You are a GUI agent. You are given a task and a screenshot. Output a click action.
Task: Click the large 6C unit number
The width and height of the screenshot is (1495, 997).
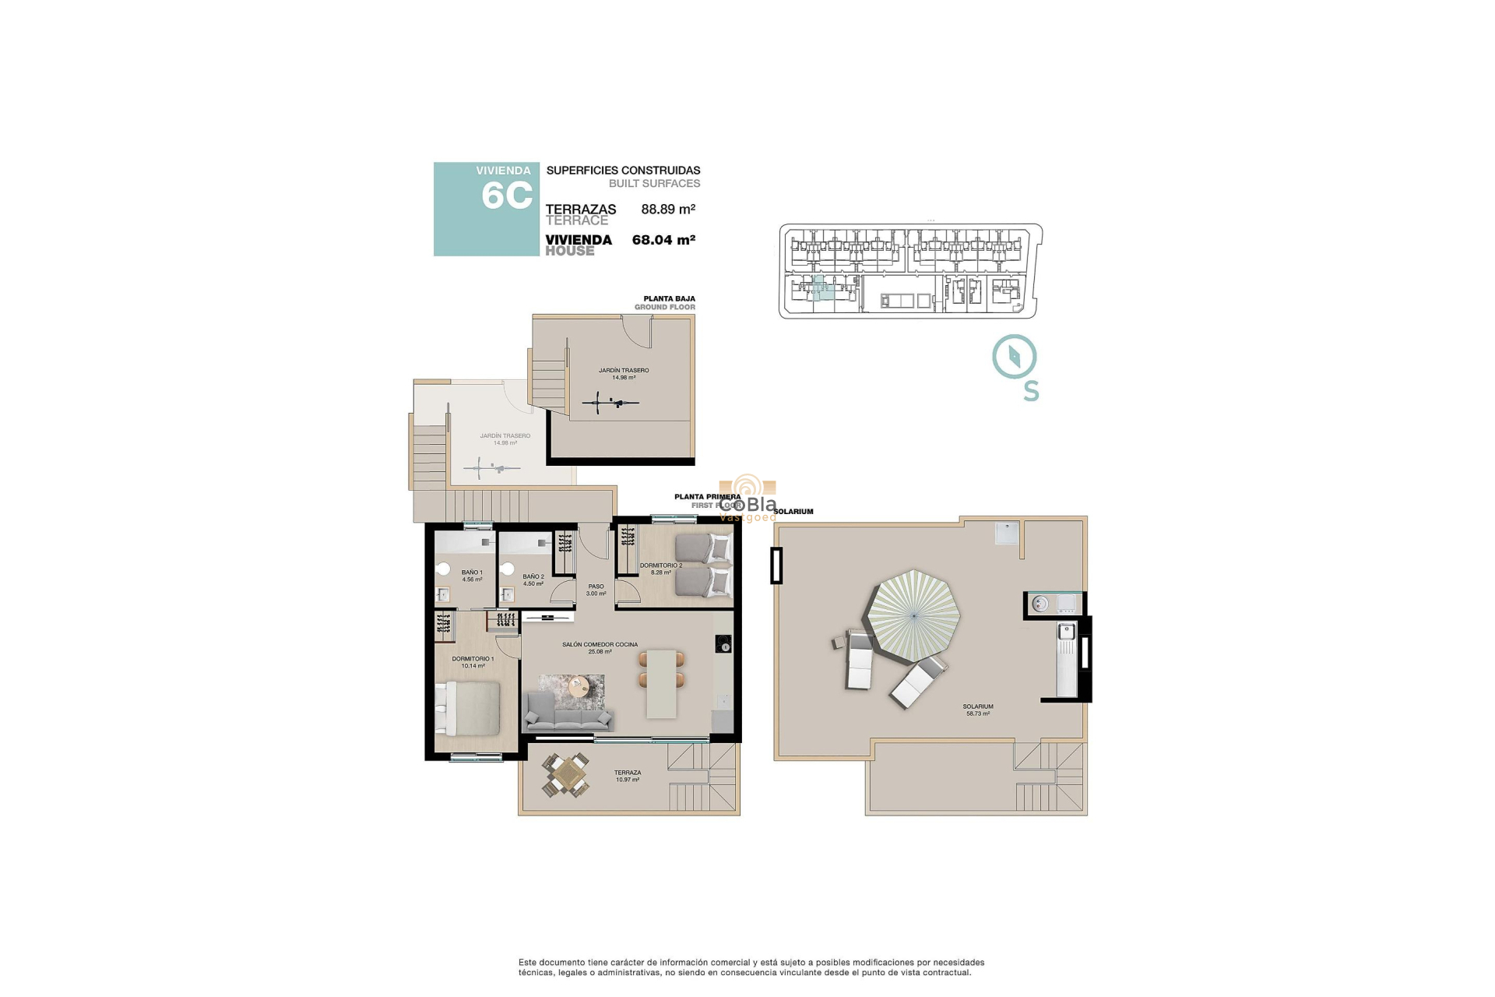click(507, 196)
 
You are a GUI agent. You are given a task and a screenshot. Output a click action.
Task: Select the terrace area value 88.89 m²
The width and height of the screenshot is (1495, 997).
click(668, 210)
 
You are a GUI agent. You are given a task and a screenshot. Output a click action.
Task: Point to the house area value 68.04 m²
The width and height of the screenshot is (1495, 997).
click(663, 240)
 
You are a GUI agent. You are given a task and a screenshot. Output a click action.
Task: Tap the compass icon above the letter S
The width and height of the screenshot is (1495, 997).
click(1014, 357)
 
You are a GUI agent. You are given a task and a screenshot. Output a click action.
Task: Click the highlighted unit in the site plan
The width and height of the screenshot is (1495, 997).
click(821, 289)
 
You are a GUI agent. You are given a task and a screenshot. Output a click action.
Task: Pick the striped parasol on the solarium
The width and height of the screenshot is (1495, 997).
click(914, 615)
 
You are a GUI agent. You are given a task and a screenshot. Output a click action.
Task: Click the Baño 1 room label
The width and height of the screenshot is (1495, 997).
click(472, 576)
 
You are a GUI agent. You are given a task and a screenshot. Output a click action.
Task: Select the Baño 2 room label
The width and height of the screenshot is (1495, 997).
click(533, 580)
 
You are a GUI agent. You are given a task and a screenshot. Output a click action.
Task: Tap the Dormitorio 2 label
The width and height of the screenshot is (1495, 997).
click(660, 569)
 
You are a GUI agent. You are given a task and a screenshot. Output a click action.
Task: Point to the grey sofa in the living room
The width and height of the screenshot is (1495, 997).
click(568, 711)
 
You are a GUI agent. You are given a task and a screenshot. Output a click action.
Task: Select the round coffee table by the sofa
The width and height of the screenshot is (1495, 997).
click(579, 687)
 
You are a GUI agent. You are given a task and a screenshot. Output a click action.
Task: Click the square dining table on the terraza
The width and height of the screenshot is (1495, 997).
click(566, 775)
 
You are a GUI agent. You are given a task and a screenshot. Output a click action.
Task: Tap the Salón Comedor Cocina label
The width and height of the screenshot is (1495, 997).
click(600, 647)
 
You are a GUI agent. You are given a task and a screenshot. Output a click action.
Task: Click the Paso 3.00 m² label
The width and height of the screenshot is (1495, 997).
click(596, 590)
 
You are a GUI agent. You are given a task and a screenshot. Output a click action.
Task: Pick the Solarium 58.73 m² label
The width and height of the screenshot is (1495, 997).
click(978, 710)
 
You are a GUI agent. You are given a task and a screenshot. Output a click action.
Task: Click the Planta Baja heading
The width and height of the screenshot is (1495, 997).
click(669, 299)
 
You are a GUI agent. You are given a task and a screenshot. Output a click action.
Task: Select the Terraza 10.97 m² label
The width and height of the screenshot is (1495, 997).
click(627, 776)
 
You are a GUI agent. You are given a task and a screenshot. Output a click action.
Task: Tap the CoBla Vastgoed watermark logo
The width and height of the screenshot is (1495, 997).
click(747, 498)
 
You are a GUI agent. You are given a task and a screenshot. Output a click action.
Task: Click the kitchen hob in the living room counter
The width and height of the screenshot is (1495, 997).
click(723, 645)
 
